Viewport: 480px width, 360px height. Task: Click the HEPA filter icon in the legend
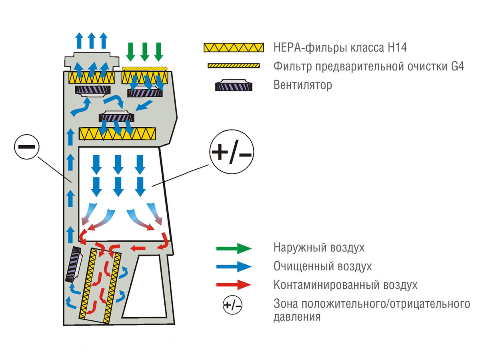234,48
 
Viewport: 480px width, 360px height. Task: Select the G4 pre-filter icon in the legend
234,66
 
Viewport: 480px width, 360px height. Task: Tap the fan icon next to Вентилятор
234,85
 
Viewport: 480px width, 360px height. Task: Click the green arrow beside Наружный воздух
234,248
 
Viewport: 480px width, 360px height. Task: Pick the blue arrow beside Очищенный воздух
234,266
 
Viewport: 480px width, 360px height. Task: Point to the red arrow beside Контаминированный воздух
234,285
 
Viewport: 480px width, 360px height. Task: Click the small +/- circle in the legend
232,306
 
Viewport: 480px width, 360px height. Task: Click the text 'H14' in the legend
397,48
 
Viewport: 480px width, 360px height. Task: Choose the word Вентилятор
303,85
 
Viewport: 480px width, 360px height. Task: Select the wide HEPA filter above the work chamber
118,133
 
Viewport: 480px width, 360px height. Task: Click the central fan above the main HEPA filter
117,116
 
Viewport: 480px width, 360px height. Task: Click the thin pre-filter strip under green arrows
144,68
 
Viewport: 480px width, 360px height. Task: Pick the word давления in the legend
297,317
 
